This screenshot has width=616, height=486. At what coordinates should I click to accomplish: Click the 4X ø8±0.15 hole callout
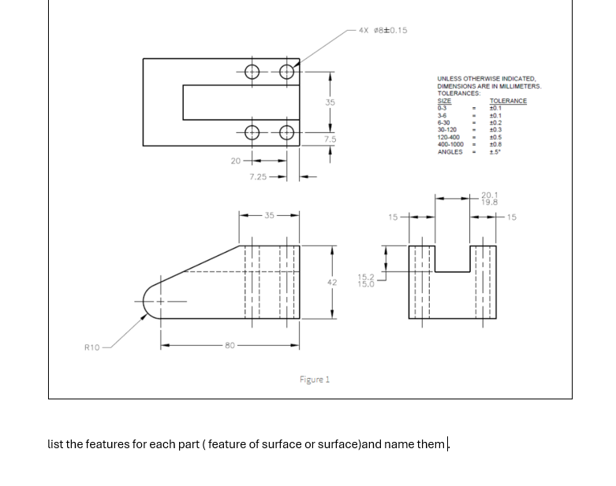[383, 31]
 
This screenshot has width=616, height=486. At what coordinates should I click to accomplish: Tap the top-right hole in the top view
[287, 71]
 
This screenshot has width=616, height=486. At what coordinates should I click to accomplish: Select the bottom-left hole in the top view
[252, 132]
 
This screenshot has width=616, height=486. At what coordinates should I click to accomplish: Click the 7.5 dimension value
[330, 139]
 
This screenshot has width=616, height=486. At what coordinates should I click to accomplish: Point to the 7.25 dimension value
[257, 177]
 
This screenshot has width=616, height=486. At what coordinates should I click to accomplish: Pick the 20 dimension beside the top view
[235, 161]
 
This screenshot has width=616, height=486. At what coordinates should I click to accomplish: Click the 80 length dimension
[230, 345]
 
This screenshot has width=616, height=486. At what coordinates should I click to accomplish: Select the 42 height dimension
[331, 282]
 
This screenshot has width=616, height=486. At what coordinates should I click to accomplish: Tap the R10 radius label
[92, 347]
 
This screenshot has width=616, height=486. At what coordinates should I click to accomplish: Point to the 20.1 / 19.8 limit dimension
[489, 198]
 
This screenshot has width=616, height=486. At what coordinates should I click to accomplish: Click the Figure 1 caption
[315, 380]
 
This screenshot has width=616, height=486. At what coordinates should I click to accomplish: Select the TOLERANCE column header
[508, 101]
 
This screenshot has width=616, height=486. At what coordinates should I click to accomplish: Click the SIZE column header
[444, 101]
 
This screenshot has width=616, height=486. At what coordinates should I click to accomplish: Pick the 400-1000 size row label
[451, 144]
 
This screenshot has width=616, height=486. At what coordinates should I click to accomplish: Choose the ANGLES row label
[450, 151]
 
